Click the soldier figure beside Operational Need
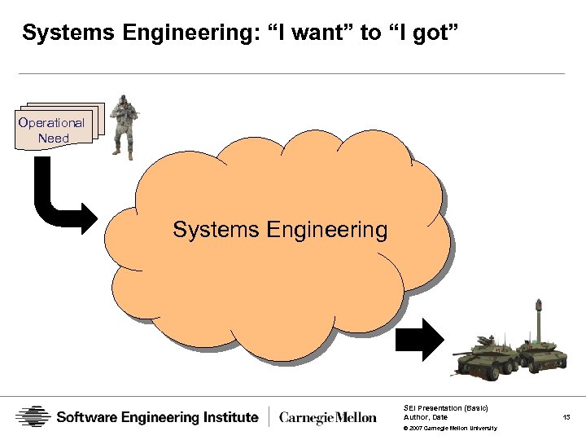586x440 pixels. (x=124, y=126)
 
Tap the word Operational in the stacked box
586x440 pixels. (x=52, y=122)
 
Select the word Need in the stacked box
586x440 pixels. (x=54, y=138)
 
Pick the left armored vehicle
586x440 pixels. (x=486, y=357)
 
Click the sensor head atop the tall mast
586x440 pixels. (x=538, y=306)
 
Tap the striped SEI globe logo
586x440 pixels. (x=33, y=417)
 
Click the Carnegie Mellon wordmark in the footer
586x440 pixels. (x=328, y=417)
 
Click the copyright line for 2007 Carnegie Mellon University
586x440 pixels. (x=449, y=428)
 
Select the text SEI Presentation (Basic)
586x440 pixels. (x=445, y=407)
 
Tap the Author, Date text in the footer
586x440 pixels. (x=426, y=417)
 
